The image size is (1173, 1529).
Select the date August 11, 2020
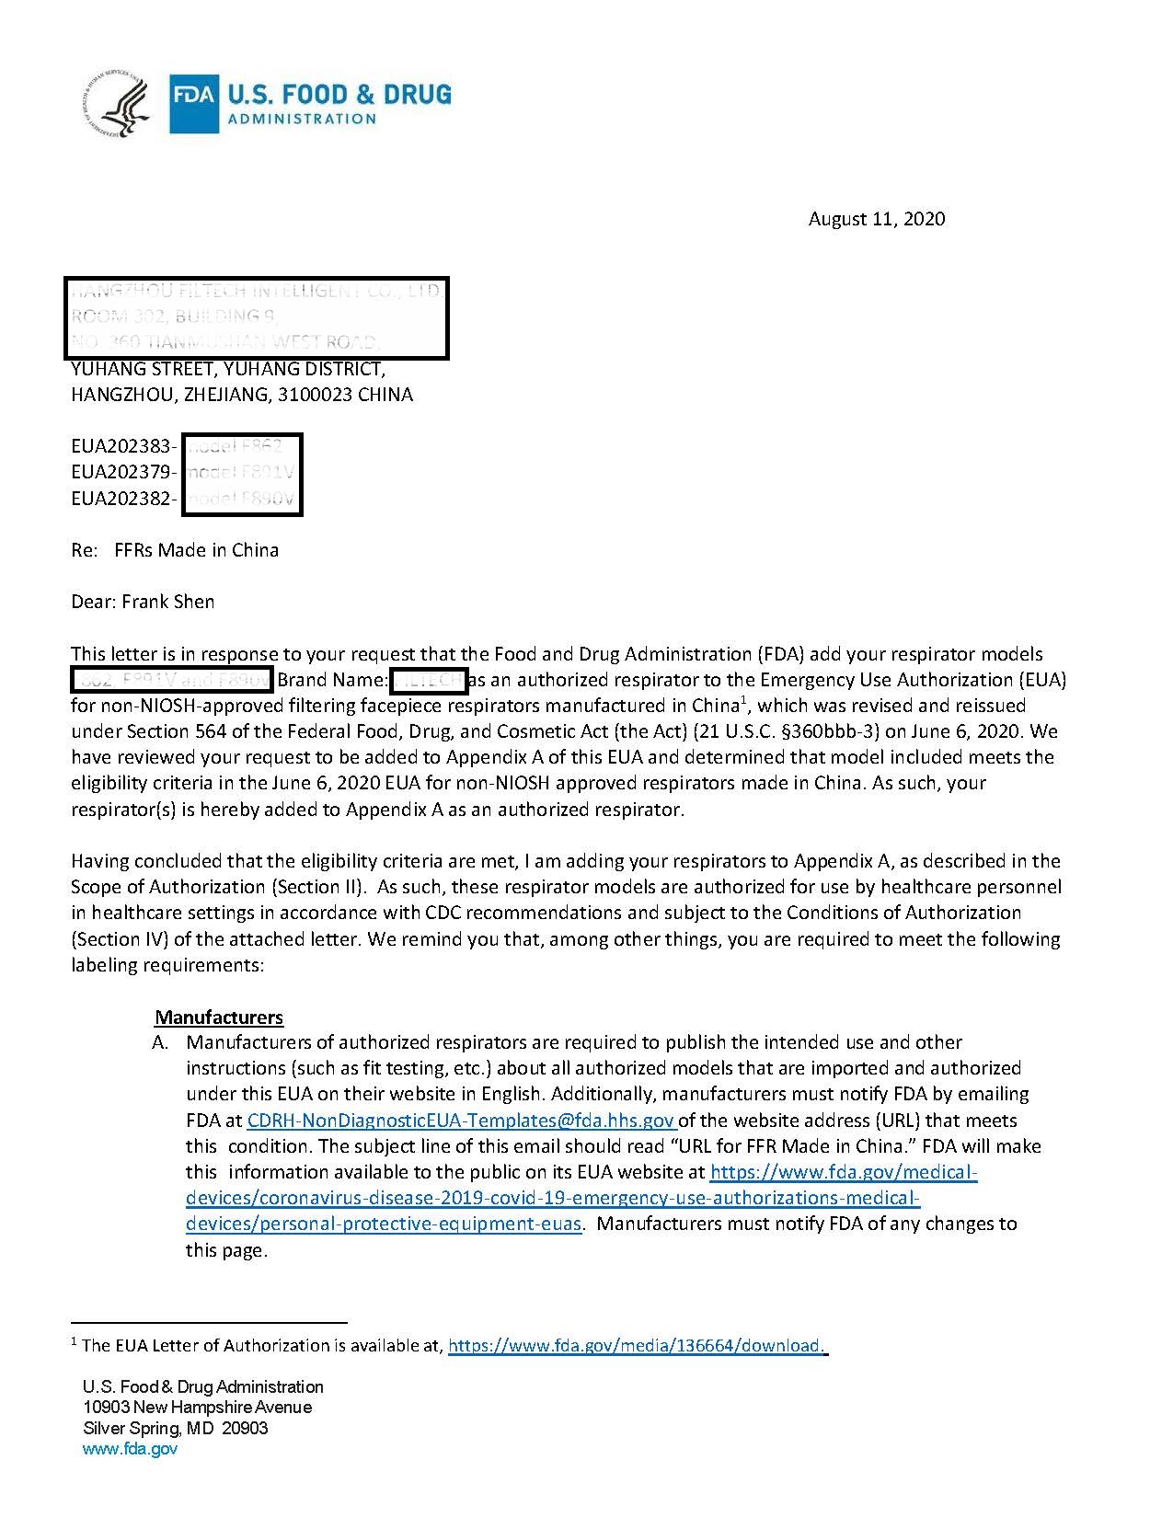[x=876, y=219]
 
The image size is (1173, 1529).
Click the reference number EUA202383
[x=121, y=446]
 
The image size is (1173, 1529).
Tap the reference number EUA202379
[x=121, y=472]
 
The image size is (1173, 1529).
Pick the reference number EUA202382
[x=121, y=498]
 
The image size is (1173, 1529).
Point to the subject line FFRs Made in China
[x=196, y=550]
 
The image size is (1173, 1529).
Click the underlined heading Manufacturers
[x=219, y=1017]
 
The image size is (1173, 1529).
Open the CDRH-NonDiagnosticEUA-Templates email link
[x=460, y=1121]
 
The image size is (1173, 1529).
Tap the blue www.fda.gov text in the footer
[x=130, y=1449]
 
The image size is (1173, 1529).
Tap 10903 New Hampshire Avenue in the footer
[x=197, y=1407]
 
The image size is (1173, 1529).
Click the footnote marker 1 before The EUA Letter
[x=74, y=1341]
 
